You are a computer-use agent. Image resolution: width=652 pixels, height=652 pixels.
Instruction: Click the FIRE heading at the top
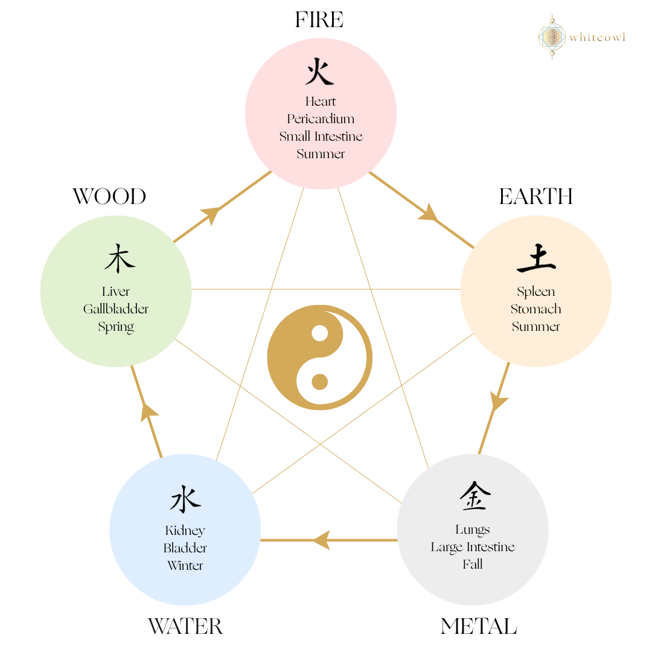click(x=319, y=20)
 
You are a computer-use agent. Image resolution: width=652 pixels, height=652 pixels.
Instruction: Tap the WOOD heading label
click(x=109, y=197)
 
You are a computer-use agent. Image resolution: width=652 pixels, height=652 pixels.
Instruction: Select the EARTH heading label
click(x=536, y=197)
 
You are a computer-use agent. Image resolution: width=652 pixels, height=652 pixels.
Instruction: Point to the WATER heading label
click(x=185, y=626)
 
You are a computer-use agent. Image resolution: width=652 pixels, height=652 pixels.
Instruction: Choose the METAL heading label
click(x=479, y=626)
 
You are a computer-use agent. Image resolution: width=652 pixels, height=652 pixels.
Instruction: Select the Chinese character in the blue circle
click(x=185, y=500)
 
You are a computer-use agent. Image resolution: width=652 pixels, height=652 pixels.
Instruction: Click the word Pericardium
click(x=321, y=119)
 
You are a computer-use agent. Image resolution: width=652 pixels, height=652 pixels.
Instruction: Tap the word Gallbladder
click(x=116, y=309)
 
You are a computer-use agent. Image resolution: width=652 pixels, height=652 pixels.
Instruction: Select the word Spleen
click(x=536, y=292)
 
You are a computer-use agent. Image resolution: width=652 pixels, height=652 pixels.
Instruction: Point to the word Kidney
click(x=185, y=531)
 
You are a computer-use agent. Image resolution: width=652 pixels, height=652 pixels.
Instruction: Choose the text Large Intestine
click(x=473, y=547)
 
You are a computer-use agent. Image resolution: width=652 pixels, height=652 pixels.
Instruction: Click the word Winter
click(x=185, y=566)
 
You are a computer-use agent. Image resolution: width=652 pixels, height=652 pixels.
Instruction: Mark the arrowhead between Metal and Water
click(x=321, y=540)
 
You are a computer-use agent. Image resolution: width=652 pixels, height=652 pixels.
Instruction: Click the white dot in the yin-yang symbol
click(x=320, y=333)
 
